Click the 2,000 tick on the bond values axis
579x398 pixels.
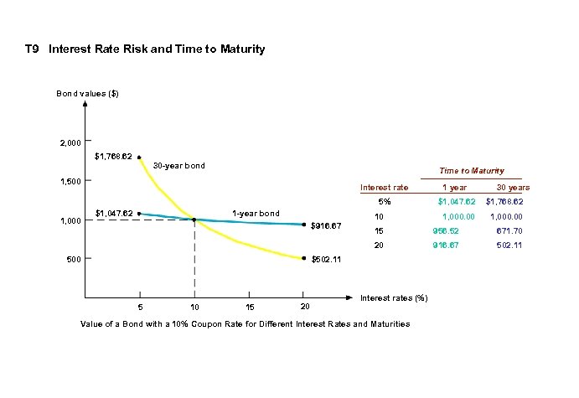click(70, 142)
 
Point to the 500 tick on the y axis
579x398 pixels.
click(74, 259)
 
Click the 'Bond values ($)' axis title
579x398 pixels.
click(88, 93)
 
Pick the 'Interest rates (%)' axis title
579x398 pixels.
click(394, 298)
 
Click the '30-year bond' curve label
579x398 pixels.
click(178, 166)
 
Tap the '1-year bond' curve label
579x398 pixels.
click(256, 213)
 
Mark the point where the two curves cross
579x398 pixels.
click(194, 220)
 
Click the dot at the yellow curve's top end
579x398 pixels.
click(139, 157)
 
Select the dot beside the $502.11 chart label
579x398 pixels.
click(303, 259)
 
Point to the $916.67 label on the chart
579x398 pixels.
click(326, 225)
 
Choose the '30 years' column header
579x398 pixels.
click(513, 188)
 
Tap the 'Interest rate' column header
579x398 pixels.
click(384, 188)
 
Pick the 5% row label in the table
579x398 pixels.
click(384, 201)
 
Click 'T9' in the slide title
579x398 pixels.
click(33, 49)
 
